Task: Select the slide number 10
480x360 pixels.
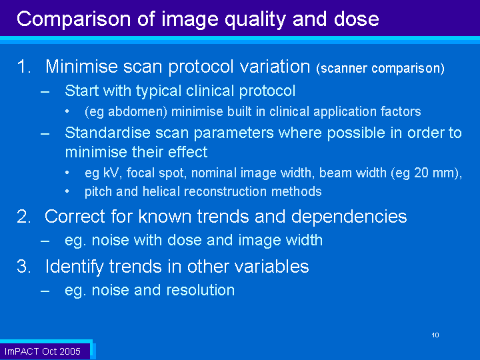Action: (435, 335)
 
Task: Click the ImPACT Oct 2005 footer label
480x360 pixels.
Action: (42, 351)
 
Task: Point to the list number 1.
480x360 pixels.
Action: (23, 67)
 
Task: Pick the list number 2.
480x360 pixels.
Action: (23, 217)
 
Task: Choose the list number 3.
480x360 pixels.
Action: (23, 266)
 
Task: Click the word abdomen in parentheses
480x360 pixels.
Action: (137, 112)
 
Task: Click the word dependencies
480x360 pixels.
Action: (349, 217)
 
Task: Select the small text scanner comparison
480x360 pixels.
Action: (381, 68)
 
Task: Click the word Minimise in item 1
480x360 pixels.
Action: (81, 67)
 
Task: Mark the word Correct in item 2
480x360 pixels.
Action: (75, 217)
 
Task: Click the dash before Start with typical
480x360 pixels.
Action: (45, 91)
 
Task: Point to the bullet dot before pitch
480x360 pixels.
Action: (67, 192)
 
